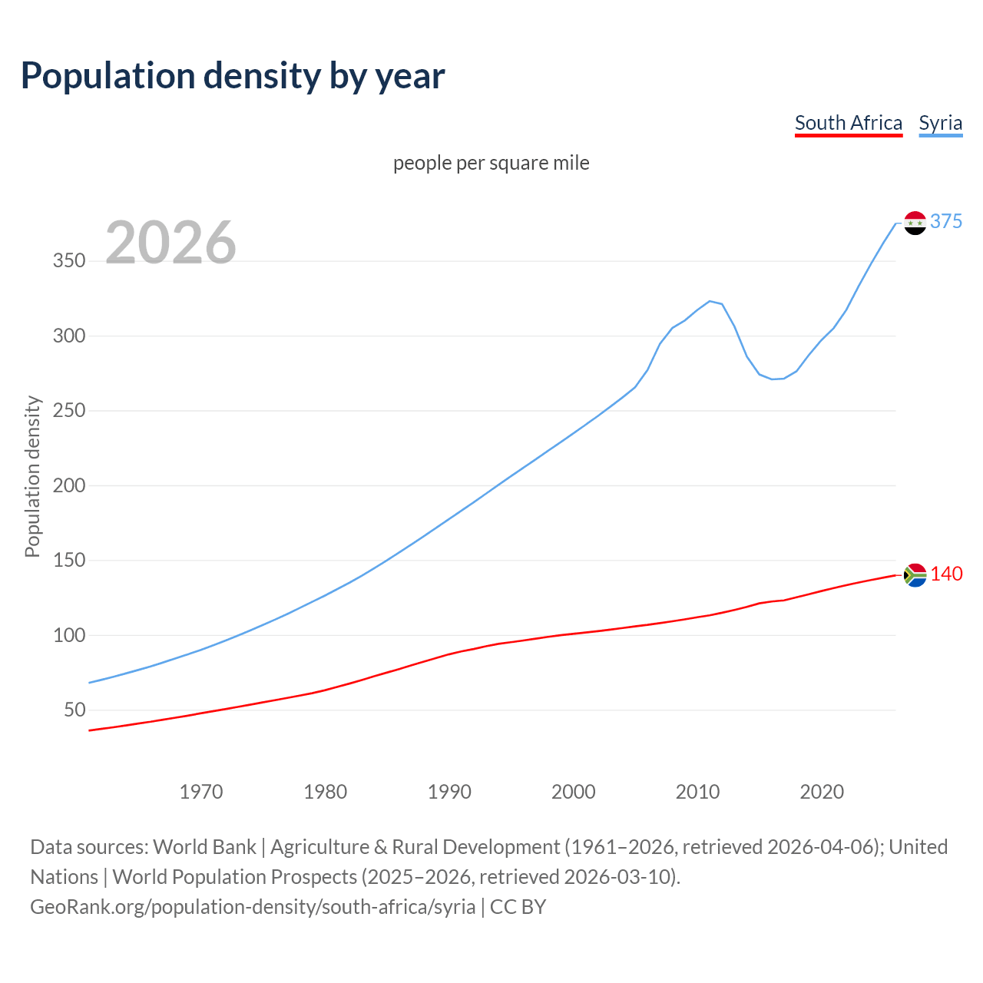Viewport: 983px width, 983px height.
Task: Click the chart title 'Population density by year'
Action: click(233, 76)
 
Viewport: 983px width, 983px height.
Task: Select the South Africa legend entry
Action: click(848, 123)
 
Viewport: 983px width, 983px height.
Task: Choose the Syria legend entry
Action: click(940, 123)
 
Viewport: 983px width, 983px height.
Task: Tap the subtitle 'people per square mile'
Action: click(491, 163)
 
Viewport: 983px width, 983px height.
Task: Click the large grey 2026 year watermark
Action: click(170, 243)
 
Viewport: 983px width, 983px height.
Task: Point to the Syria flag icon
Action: click(915, 223)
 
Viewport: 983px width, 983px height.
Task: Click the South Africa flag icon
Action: click(915, 574)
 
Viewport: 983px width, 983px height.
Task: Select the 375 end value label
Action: click(946, 222)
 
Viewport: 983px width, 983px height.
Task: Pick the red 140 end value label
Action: click(946, 574)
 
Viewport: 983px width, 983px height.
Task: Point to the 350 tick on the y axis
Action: click(69, 261)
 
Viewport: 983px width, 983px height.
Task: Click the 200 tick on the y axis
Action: click(69, 485)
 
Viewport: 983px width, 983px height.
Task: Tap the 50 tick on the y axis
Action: click(74, 710)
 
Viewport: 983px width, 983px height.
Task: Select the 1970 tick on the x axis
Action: click(201, 792)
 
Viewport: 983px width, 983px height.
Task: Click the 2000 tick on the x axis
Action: click(574, 792)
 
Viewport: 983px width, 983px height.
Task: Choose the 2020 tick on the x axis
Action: click(822, 792)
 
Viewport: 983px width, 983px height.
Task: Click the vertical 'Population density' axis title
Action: click(32, 476)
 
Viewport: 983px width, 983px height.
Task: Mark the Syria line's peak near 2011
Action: click(710, 301)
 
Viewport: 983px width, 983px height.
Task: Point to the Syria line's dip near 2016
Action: click(773, 379)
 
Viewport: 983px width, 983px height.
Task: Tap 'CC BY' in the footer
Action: click(518, 907)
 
